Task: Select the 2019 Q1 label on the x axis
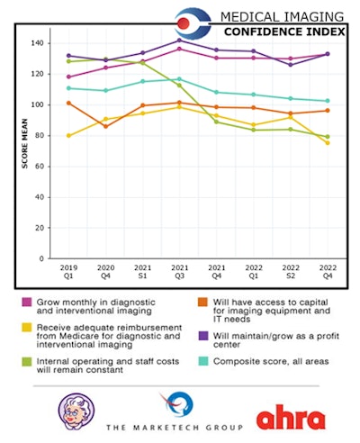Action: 69,271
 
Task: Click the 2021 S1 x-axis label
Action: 142,271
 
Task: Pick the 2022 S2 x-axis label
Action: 290,271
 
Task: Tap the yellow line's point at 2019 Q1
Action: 69,136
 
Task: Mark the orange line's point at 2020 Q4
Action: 106,126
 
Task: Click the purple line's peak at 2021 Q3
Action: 180,41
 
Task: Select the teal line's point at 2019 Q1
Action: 69,88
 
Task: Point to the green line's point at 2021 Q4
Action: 217,122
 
